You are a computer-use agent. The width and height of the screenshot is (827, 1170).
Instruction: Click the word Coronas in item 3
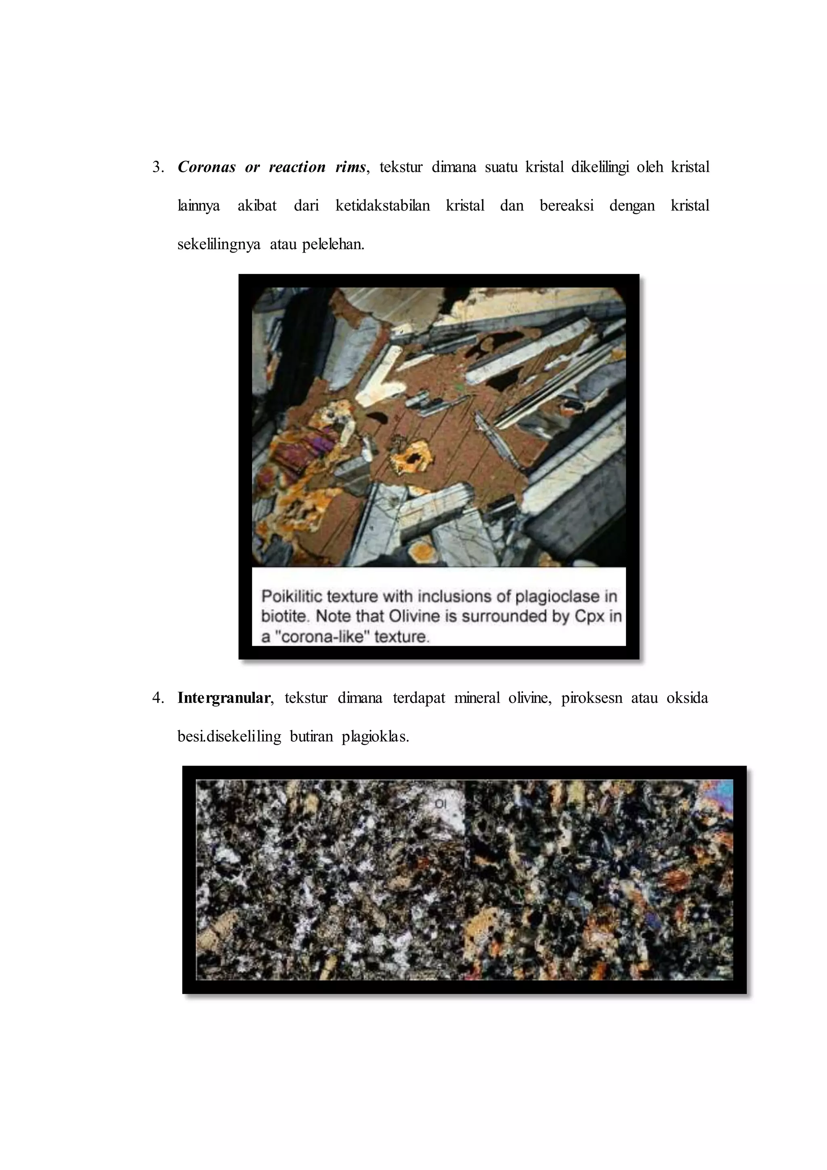206,167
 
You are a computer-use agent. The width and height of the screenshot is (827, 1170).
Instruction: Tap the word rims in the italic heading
350,167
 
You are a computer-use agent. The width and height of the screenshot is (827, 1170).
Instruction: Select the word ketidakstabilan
382,206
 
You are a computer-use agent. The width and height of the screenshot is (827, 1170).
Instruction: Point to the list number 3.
157,168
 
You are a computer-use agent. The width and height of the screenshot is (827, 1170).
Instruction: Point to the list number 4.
157,698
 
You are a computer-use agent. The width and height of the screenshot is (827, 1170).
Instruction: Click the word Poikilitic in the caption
290,596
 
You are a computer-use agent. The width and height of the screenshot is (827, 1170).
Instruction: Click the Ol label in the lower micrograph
441,804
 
